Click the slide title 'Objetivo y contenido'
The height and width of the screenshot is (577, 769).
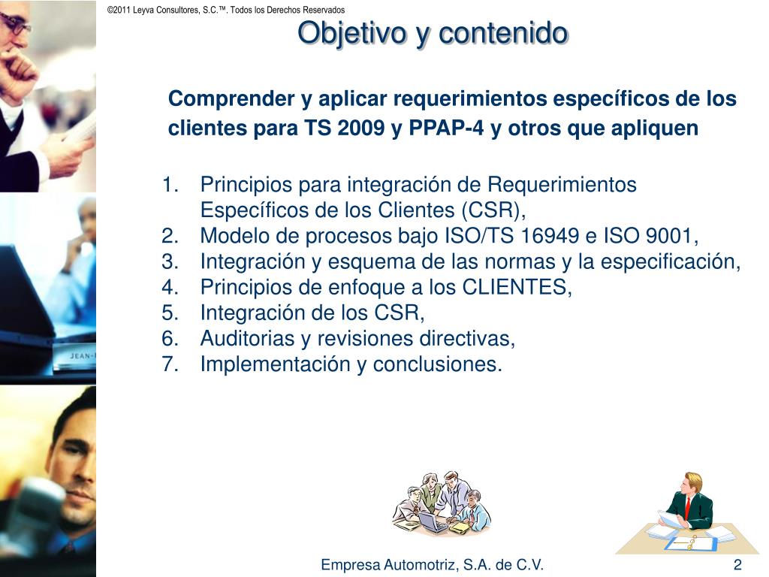433,33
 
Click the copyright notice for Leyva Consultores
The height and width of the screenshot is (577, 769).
226,10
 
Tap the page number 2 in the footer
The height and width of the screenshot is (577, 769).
737,565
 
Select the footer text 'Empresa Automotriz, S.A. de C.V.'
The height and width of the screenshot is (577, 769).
432,565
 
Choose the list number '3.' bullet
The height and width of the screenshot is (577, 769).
169,261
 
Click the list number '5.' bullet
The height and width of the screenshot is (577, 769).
169,313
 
